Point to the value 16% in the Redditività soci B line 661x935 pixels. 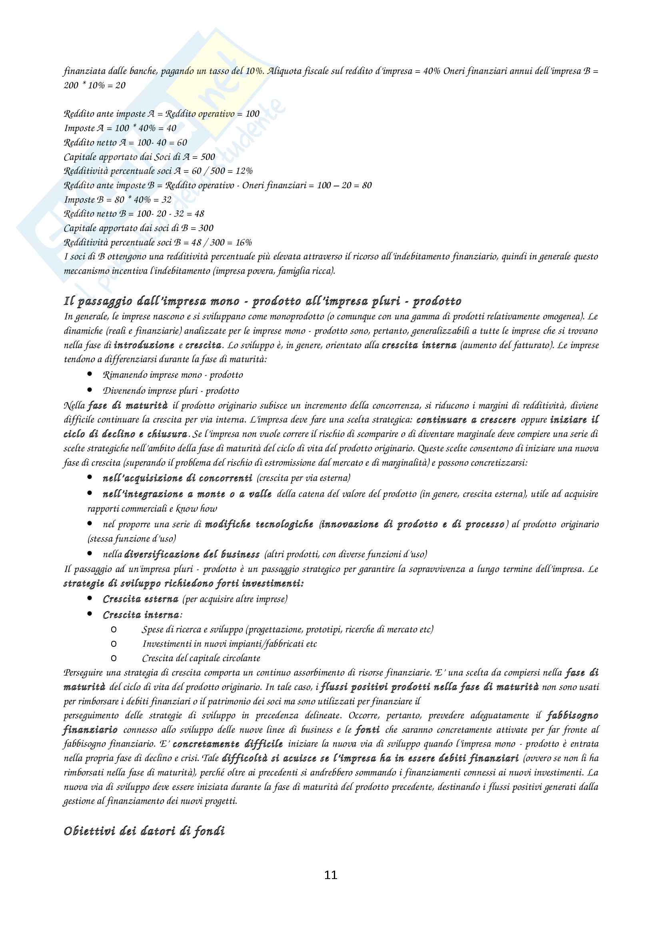[243, 243]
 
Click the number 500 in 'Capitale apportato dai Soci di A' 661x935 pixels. [208, 157]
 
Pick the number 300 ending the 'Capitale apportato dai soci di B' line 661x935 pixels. [206, 228]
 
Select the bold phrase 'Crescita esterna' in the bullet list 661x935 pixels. [140, 599]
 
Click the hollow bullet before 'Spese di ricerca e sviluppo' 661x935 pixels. [114, 630]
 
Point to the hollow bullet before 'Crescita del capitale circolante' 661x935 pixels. [114, 658]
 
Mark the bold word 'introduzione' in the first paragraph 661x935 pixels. [144, 345]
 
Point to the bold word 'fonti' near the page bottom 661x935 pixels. [367, 730]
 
